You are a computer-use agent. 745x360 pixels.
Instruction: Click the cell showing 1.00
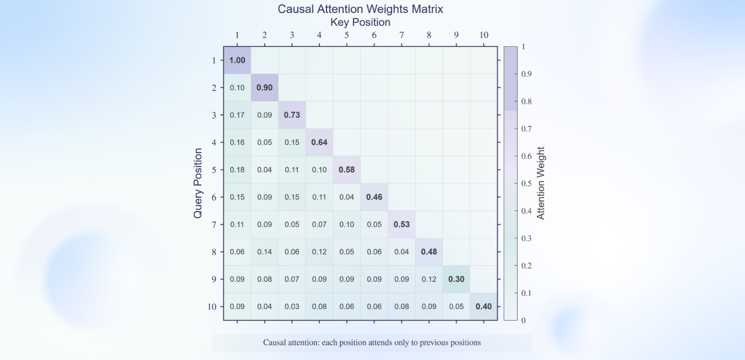[237, 60]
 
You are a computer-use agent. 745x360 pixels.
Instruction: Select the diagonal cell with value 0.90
[264, 87]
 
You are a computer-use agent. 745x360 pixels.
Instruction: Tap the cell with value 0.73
[292, 115]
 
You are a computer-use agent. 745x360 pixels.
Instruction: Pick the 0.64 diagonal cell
[319, 142]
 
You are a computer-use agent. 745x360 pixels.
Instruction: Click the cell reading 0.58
[346, 169]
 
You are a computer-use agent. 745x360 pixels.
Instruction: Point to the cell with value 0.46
[374, 197]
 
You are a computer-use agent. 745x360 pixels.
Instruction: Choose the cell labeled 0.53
[402, 224]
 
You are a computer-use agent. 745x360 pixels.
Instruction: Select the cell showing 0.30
[456, 279]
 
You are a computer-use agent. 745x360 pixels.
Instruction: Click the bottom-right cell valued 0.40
[484, 306]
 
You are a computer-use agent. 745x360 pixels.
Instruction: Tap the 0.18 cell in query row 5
[237, 169]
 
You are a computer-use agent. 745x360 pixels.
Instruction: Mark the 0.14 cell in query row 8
[264, 252]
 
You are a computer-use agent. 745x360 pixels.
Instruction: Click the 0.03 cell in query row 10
[292, 306]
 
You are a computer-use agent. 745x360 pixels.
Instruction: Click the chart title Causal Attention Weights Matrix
[360, 9]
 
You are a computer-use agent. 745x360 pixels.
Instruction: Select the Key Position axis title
[360, 22]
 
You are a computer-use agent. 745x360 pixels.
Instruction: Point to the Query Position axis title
[198, 184]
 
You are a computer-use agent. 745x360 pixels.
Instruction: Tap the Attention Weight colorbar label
[541, 184]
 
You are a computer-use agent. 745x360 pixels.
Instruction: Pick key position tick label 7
[402, 35]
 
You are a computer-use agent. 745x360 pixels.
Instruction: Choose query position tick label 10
[212, 307]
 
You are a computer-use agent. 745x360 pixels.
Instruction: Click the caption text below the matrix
[372, 342]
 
